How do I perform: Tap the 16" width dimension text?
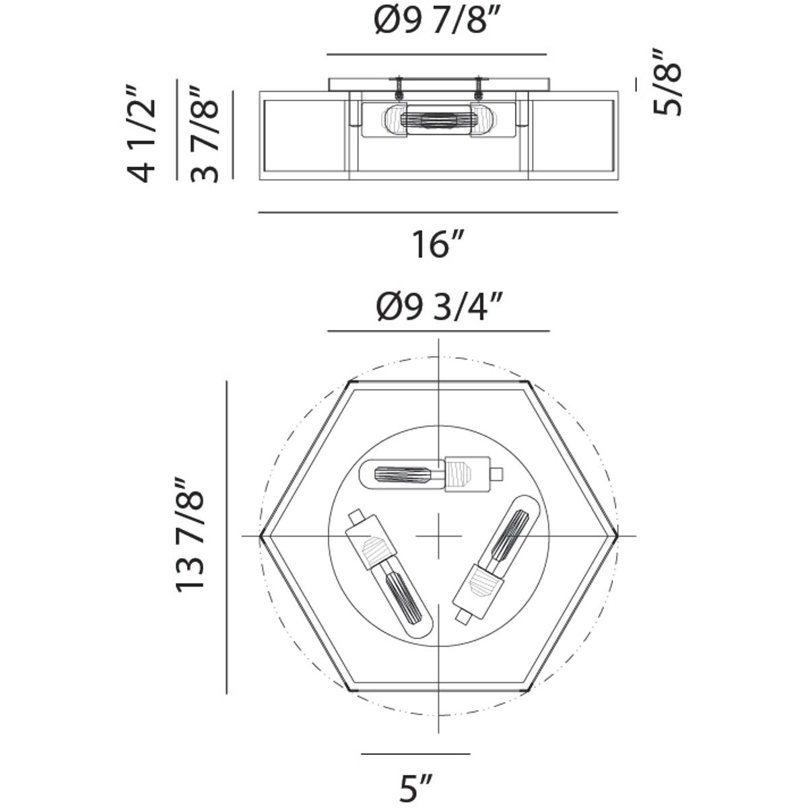pos(438,244)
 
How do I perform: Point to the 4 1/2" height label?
pos(141,133)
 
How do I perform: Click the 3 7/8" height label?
pos(204,134)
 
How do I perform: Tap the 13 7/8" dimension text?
pos(189,535)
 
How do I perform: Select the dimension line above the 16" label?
pos(438,213)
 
